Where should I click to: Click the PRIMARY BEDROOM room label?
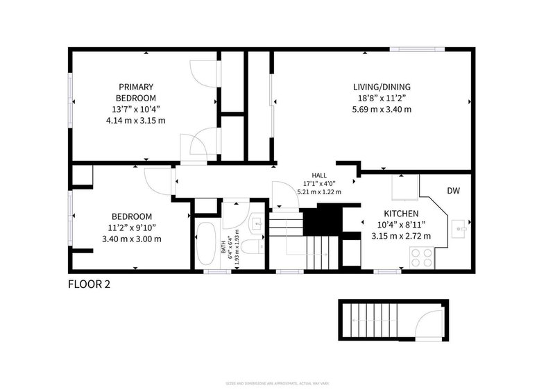[136, 92]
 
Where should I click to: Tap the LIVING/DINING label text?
[382, 87]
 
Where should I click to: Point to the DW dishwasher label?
[453, 191]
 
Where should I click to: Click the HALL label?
[319, 176]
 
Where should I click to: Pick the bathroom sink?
[256, 223]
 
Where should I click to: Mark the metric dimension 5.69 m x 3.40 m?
[382, 109]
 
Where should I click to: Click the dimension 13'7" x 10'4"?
[136, 109]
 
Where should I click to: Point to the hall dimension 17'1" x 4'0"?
[319, 184]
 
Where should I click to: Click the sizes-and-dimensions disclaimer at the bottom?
[277, 383]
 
